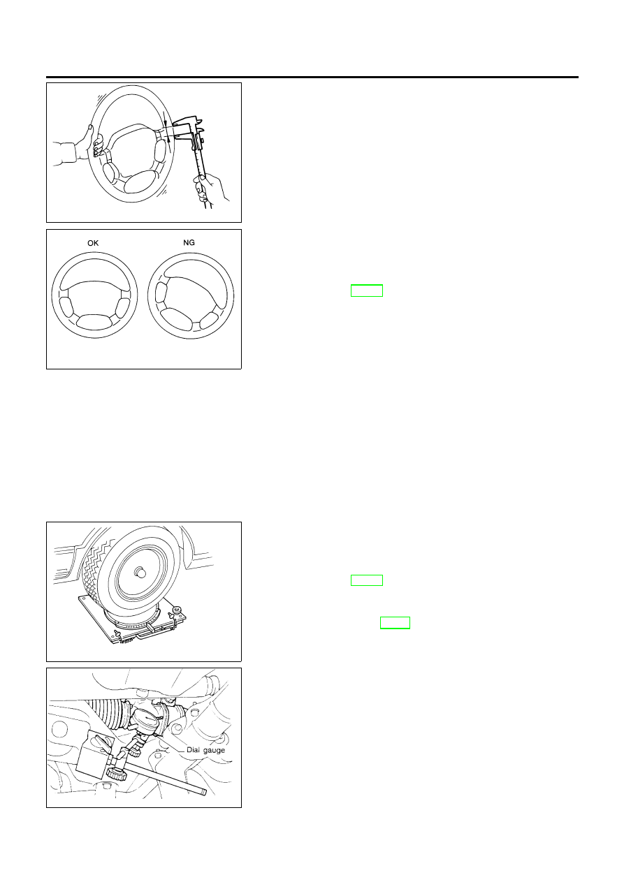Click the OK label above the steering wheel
[x=93, y=243]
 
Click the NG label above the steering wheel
[x=189, y=242]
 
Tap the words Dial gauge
[x=205, y=750]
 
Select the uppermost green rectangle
[x=367, y=291]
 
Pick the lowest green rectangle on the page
[x=395, y=623]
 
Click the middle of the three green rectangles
[x=367, y=580]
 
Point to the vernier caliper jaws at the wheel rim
[x=184, y=131]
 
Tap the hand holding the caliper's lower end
[x=209, y=189]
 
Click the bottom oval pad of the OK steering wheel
[x=94, y=321]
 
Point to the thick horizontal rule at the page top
[x=312, y=78]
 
